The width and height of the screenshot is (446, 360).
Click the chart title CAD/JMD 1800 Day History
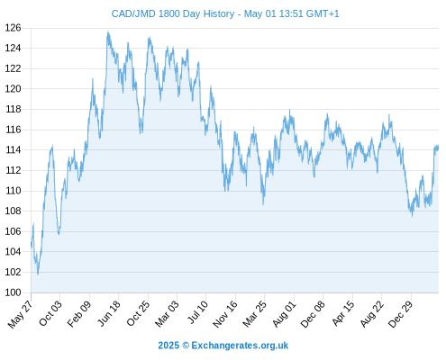click(x=173, y=13)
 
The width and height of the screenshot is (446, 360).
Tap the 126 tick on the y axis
click(x=13, y=28)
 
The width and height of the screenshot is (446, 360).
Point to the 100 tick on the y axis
click(x=13, y=292)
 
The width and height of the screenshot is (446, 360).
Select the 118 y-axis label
click(x=13, y=109)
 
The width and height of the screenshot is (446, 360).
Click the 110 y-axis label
click(x=13, y=191)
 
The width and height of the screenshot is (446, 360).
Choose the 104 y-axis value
click(x=13, y=252)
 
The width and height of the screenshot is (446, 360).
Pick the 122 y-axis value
click(x=13, y=68)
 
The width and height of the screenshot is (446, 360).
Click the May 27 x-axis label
click(x=20, y=314)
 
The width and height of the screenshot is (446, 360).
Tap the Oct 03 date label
click(x=50, y=313)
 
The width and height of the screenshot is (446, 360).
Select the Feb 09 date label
click(x=78, y=313)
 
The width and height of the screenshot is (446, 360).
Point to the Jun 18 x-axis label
click(x=109, y=313)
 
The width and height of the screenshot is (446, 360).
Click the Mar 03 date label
click(x=167, y=313)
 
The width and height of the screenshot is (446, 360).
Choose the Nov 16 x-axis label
click(x=225, y=314)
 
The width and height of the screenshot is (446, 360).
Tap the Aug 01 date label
click(x=284, y=313)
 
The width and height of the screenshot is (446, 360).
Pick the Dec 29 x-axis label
click(x=400, y=314)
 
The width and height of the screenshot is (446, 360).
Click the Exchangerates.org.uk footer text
click(x=240, y=346)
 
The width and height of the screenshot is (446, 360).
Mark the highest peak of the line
click(x=108, y=31)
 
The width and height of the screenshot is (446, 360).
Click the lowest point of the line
click(x=38, y=274)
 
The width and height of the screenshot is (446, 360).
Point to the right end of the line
click(x=438, y=147)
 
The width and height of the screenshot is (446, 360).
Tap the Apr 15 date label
click(x=342, y=313)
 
